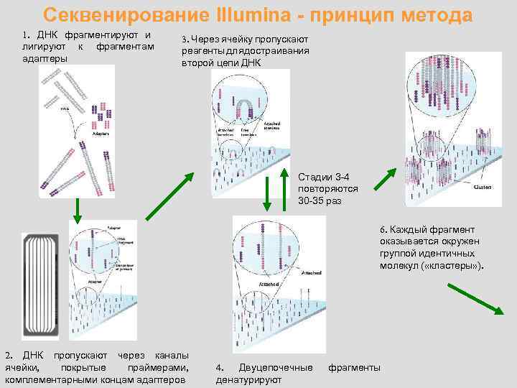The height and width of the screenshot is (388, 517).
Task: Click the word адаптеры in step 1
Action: click(x=44, y=58)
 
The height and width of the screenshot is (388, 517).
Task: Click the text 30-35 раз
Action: click(x=320, y=200)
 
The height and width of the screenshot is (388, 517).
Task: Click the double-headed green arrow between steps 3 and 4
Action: click(x=269, y=193)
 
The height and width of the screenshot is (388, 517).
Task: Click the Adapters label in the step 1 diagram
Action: click(x=102, y=134)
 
